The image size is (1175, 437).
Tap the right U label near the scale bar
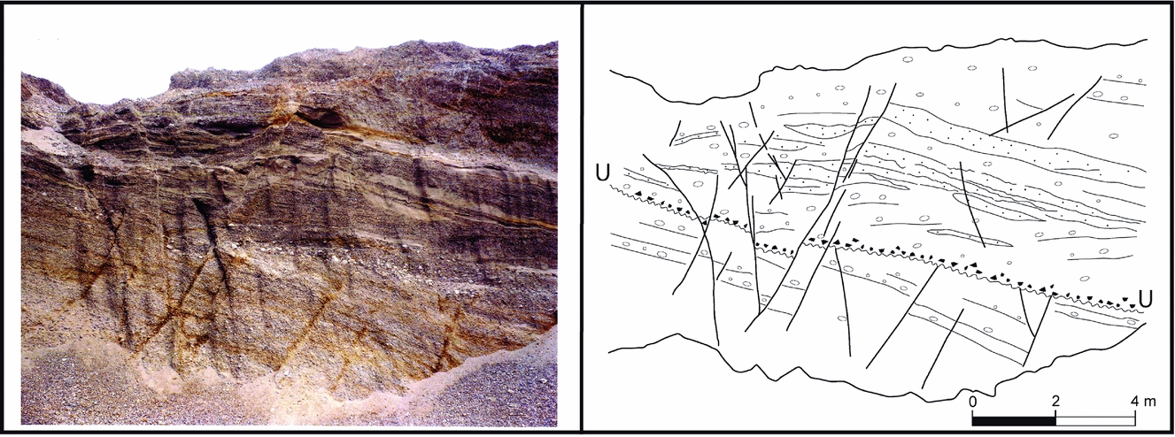click(x=1145, y=300)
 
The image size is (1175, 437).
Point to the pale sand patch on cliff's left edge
click(x=40, y=137)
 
